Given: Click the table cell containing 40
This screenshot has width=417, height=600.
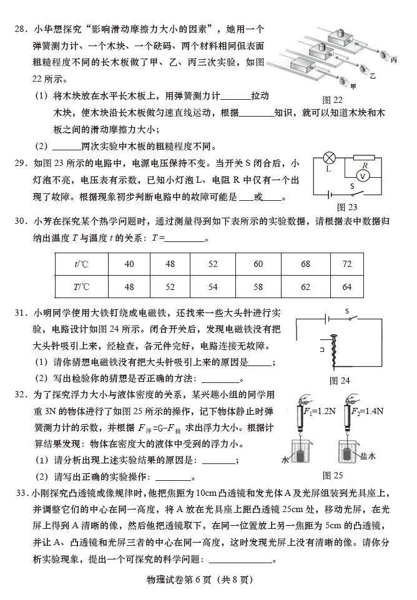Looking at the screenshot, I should tap(129, 264).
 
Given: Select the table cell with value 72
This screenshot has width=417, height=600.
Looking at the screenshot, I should tap(347, 264).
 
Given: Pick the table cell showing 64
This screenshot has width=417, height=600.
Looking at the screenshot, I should tap(347, 287).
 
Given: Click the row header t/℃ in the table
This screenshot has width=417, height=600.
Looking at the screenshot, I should tap(81, 264).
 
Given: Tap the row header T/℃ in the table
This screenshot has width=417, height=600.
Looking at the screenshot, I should tap(81, 287).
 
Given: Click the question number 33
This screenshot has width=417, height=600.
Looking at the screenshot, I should tap(22, 493).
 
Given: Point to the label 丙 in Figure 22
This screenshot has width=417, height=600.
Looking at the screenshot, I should tap(393, 60).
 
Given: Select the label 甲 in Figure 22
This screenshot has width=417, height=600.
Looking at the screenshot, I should tap(353, 86).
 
